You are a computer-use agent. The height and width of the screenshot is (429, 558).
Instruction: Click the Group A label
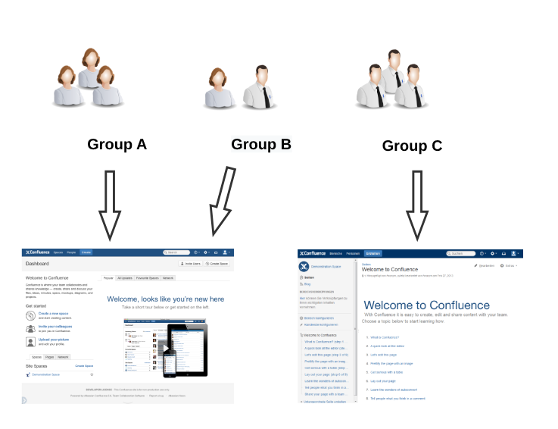(x=117, y=144)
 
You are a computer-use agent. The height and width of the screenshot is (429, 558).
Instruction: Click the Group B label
(x=260, y=144)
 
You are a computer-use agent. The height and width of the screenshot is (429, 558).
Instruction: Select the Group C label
(x=412, y=146)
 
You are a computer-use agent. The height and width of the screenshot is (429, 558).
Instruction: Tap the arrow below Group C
(x=417, y=205)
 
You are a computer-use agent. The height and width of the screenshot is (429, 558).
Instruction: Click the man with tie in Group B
(x=257, y=90)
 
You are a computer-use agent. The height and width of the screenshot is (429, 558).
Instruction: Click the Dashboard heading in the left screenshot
(x=37, y=264)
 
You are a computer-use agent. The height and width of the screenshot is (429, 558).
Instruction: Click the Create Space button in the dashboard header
(x=217, y=264)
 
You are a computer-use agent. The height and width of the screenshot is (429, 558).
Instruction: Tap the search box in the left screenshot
(x=178, y=252)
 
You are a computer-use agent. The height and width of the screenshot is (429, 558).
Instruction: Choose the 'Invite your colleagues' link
(x=56, y=327)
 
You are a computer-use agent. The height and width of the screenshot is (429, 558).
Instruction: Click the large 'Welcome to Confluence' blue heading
(x=427, y=305)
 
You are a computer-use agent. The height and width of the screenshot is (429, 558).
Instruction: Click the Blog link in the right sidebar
(x=307, y=283)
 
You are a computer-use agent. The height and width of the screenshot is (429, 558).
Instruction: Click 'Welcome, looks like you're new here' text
(x=165, y=299)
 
